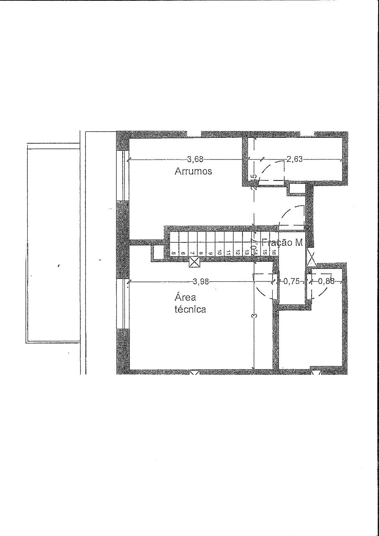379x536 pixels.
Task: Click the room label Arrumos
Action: [x=193, y=171]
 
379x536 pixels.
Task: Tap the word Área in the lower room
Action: [x=184, y=298]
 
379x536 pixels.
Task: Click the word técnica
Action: [x=190, y=310]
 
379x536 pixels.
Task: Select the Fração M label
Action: [x=282, y=242]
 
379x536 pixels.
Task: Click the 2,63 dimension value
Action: [x=295, y=159]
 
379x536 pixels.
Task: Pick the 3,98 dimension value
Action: [x=201, y=281]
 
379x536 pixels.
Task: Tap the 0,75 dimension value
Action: [x=291, y=281]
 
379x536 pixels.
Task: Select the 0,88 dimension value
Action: [x=326, y=281]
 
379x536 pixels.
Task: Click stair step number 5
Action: [x=173, y=253]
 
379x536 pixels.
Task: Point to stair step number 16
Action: [x=273, y=253]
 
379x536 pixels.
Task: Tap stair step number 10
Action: [x=219, y=253]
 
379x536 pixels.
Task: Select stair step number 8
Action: [x=201, y=253]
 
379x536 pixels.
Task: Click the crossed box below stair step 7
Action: [x=194, y=263]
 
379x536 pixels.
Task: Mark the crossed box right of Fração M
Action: [x=312, y=257]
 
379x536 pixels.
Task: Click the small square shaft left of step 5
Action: [x=158, y=253]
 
